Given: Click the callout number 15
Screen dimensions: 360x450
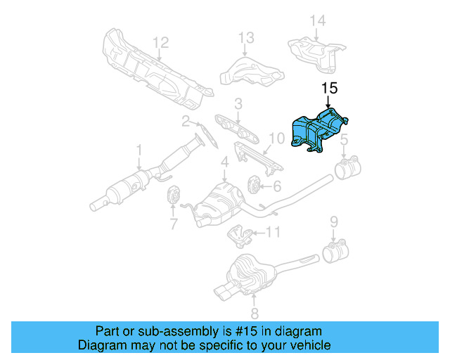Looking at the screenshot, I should coord(330,89).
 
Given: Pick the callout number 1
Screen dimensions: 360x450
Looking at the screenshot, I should coord(139,149).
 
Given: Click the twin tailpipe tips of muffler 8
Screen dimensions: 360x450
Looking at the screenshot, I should coord(224,292).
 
